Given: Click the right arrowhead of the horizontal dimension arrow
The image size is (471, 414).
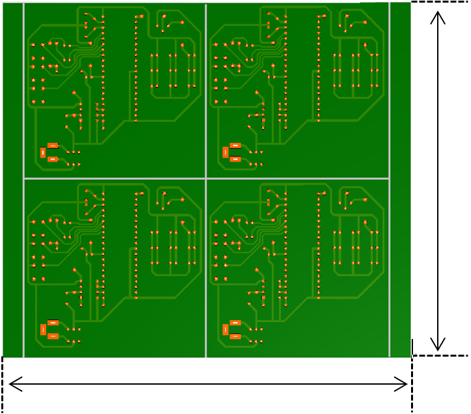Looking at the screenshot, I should [x=405, y=384].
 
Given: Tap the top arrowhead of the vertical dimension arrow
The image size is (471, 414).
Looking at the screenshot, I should [x=438, y=14].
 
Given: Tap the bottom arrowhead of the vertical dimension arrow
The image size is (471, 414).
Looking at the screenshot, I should [x=438, y=345].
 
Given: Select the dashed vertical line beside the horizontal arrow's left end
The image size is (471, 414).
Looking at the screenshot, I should [x=3, y=385].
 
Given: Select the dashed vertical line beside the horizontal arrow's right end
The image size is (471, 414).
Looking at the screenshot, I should [x=412, y=385].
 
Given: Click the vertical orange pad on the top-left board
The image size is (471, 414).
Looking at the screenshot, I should [x=43, y=153].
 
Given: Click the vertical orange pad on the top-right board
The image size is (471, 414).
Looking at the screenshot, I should [x=225, y=153].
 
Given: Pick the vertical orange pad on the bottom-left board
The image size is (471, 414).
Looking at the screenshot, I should [x=43, y=329].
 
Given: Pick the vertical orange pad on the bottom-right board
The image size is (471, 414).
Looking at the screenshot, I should [x=225, y=329].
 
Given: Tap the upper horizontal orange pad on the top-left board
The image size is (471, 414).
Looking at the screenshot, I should [x=53, y=145].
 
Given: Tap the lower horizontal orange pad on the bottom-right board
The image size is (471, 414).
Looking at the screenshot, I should [x=235, y=336].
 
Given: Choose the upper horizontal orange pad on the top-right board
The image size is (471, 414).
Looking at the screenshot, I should [x=235, y=145].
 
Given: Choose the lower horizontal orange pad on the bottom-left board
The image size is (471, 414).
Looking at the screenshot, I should [x=53, y=336].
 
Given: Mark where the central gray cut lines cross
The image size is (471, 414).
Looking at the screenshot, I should [x=206, y=178].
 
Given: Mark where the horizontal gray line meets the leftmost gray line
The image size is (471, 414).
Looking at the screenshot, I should [x=24, y=178].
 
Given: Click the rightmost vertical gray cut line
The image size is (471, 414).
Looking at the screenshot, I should [x=389, y=98].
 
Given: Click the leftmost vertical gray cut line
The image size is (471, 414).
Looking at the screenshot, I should [x=24, y=98].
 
